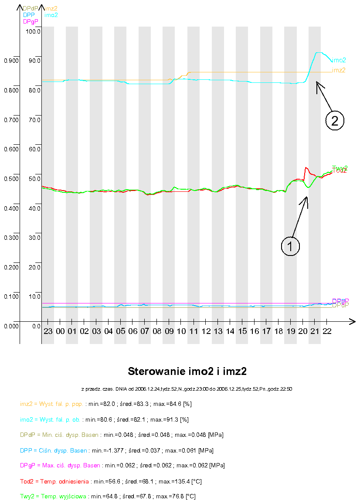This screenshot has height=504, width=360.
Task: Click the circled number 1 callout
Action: tap(290, 246)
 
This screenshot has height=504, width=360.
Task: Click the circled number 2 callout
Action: tap(335, 120)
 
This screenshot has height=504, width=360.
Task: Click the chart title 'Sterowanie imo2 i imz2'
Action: tap(190, 371)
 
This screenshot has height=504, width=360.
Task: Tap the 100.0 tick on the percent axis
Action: tap(33, 31)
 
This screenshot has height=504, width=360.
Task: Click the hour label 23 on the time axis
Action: tap(48, 331)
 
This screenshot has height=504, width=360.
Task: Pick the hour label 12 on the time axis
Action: tap(206, 331)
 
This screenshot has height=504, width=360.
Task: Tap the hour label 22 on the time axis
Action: tap(326, 331)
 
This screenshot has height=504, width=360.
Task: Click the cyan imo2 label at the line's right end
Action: tap(339, 60)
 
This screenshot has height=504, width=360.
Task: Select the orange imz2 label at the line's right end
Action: tap(339, 70)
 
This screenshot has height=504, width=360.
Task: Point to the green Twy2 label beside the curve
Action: tap(340, 167)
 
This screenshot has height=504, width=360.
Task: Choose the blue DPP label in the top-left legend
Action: tap(29, 15)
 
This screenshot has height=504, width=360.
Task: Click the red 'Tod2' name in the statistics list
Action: tap(27, 481)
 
